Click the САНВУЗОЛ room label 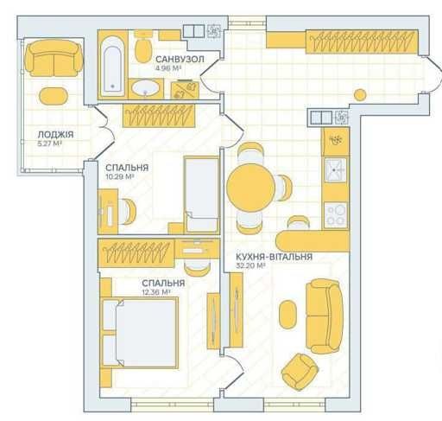[x=180, y=60]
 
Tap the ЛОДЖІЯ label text [x=56, y=134]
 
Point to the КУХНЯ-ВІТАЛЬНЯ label [x=275, y=257]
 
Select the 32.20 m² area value [x=250, y=265]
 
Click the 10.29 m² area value [x=120, y=176]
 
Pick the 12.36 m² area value [x=156, y=292]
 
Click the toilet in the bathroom [x=143, y=46]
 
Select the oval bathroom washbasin [x=146, y=88]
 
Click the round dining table [x=250, y=188]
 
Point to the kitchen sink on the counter [x=336, y=170]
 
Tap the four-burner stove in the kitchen [x=336, y=215]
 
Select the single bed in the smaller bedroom [x=201, y=195]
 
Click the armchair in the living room [x=300, y=372]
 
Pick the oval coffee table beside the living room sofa [x=287, y=314]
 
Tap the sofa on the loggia [x=54, y=58]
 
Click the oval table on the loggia [x=54, y=96]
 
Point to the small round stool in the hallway [x=360, y=95]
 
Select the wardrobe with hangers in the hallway [x=362, y=41]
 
